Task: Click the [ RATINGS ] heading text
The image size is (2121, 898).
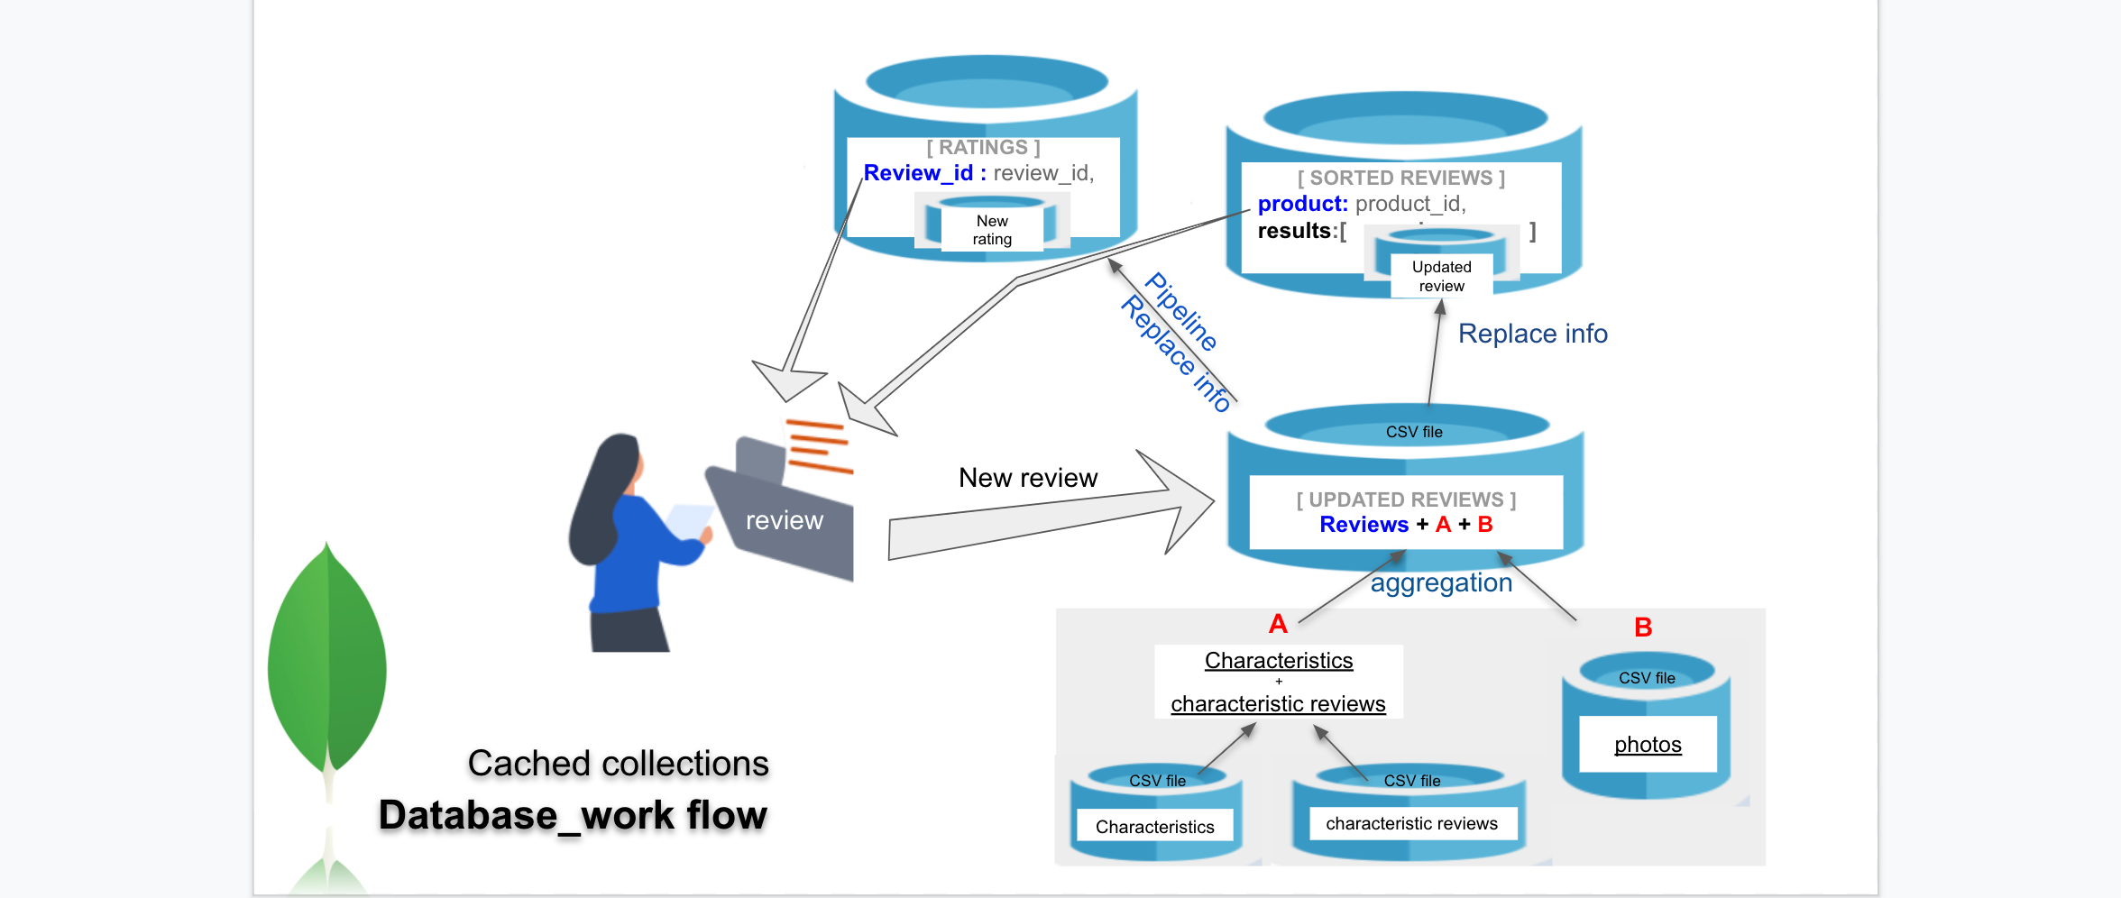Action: tap(983, 148)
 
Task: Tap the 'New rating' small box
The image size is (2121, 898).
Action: tap(992, 231)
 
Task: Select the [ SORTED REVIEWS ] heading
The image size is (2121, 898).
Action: tap(1400, 179)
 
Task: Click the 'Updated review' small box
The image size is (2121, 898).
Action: tap(1441, 277)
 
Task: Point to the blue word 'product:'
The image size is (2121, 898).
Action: tap(1302, 205)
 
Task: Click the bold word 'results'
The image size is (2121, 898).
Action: tap(1294, 232)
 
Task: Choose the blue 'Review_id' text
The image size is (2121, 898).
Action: tap(918, 173)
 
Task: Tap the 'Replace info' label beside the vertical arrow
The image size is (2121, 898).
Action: tap(1532, 334)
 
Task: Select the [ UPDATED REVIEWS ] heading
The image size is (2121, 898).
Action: tap(1406, 500)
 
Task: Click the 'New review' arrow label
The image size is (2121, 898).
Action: tap(1028, 478)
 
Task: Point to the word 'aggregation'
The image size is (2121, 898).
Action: tap(1441, 583)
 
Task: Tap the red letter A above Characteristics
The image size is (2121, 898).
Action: tap(1278, 624)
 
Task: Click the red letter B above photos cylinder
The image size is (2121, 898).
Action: tap(1643, 628)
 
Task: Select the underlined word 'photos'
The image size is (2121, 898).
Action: tap(1648, 745)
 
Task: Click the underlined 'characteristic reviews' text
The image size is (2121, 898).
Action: tap(1278, 704)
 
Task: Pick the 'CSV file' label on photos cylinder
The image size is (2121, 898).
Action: tap(1647, 678)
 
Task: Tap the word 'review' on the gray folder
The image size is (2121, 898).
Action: tap(784, 521)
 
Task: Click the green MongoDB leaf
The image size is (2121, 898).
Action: tap(327, 658)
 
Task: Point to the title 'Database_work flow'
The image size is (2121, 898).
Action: tap(573, 815)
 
